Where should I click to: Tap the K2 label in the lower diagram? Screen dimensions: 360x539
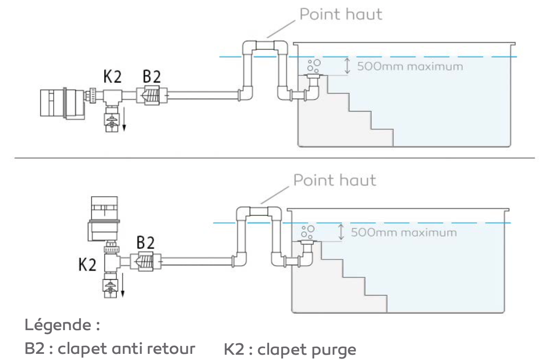87,266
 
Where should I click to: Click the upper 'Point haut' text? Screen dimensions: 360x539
341,14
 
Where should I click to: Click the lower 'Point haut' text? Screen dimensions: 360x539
334,180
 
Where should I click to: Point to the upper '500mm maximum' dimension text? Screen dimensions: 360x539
410,67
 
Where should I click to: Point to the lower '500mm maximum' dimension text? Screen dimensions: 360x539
404,232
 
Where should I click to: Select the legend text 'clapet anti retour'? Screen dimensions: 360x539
126,349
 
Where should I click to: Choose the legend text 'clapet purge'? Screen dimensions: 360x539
306,350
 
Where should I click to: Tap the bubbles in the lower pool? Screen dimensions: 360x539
308,231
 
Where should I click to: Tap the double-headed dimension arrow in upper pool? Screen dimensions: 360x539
348,66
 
